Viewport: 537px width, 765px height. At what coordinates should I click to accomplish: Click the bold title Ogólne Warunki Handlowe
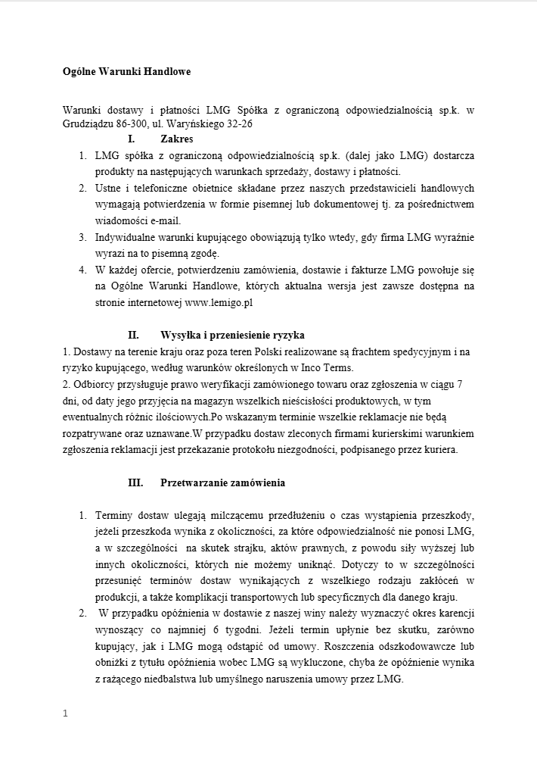coord(126,72)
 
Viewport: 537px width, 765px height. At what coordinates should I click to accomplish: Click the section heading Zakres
coord(177,139)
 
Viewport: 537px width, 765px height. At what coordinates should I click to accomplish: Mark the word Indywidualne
coord(124,237)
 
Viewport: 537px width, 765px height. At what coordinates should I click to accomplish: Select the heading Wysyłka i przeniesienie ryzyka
coord(232,335)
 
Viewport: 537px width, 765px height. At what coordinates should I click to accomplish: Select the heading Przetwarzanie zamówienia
coord(222,482)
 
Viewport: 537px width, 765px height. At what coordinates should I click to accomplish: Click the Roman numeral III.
coord(135,482)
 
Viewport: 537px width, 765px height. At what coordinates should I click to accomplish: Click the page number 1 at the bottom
coord(66,713)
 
